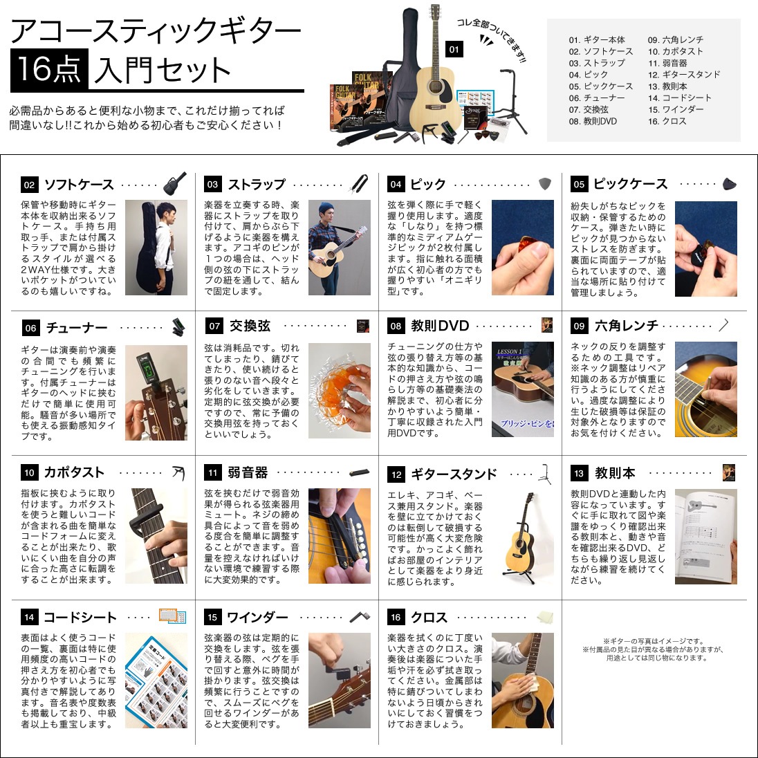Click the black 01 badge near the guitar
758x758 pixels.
(x=454, y=49)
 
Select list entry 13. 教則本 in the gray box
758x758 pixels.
(x=667, y=86)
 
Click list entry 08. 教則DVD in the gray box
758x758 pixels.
(x=593, y=121)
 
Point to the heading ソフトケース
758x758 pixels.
(x=79, y=185)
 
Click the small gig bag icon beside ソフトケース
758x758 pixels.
(x=175, y=184)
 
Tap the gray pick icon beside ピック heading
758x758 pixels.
(x=546, y=184)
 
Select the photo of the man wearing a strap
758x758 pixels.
(x=339, y=248)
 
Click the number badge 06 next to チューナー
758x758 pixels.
(x=30, y=328)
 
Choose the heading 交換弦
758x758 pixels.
(x=250, y=326)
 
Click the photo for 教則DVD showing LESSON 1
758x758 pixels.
(x=522, y=389)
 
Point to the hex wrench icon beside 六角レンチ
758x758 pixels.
(x=724, y=325)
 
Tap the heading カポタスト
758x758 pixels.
(x=74, y=472)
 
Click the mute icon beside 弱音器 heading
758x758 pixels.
(x=362, y=473)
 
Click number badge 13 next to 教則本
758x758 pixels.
(x=579, y=474)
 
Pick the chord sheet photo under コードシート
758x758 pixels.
(x=156, y=681)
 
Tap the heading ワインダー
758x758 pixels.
(x=257, y=617)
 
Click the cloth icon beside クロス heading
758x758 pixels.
(x=545, y=617)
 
